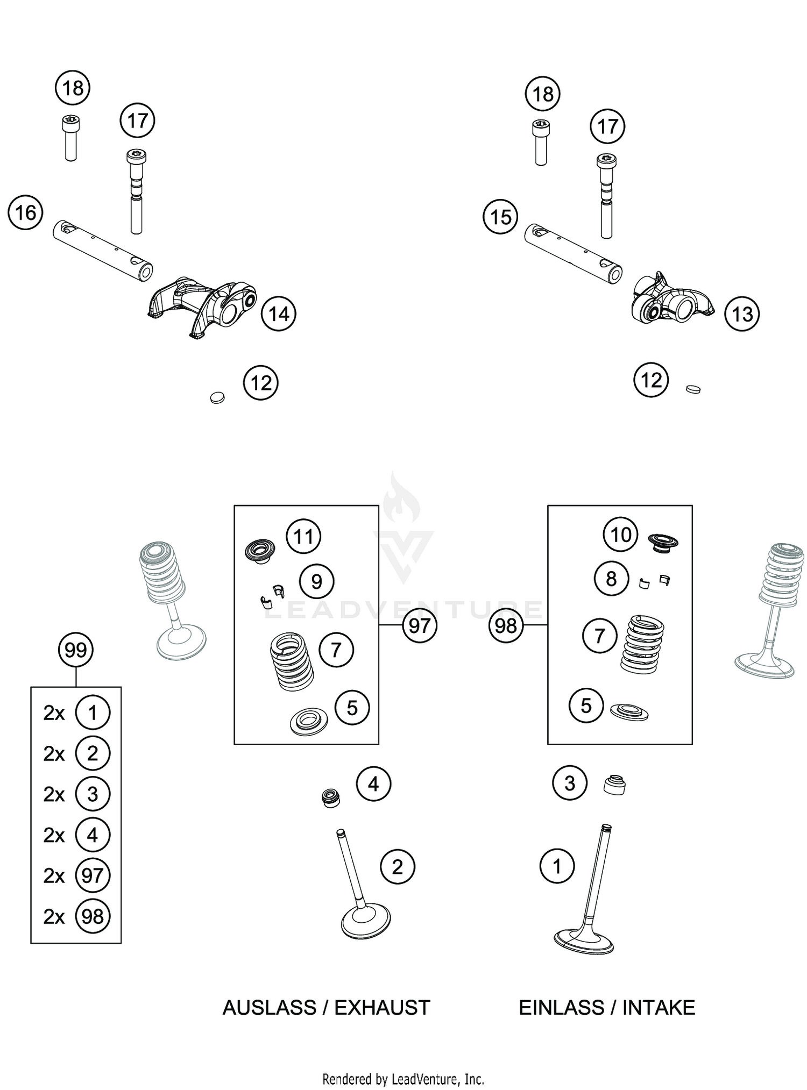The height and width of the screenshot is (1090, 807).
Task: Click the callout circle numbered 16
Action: point(25,213)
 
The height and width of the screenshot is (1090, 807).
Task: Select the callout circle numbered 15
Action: point(500,217)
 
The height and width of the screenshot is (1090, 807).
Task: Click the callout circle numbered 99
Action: point(75,650)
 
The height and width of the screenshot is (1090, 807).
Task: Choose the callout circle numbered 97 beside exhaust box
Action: point(419,625)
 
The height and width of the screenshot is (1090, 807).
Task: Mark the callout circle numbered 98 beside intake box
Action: point(506,625)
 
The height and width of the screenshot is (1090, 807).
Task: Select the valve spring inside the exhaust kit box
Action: point(291,661)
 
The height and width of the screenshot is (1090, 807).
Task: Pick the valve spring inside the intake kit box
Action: point(642,644)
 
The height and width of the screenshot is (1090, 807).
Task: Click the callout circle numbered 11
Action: point(303,536)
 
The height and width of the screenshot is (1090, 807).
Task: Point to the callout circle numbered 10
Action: point(620,535)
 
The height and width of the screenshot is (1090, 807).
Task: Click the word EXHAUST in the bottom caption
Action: point(382,1007)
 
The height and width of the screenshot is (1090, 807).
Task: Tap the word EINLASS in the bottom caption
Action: point(561,1007)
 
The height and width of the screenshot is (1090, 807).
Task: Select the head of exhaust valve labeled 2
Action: point(366,923)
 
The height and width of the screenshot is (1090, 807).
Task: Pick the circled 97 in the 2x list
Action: point(93,875)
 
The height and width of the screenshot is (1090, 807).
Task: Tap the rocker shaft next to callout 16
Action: point(102,250)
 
